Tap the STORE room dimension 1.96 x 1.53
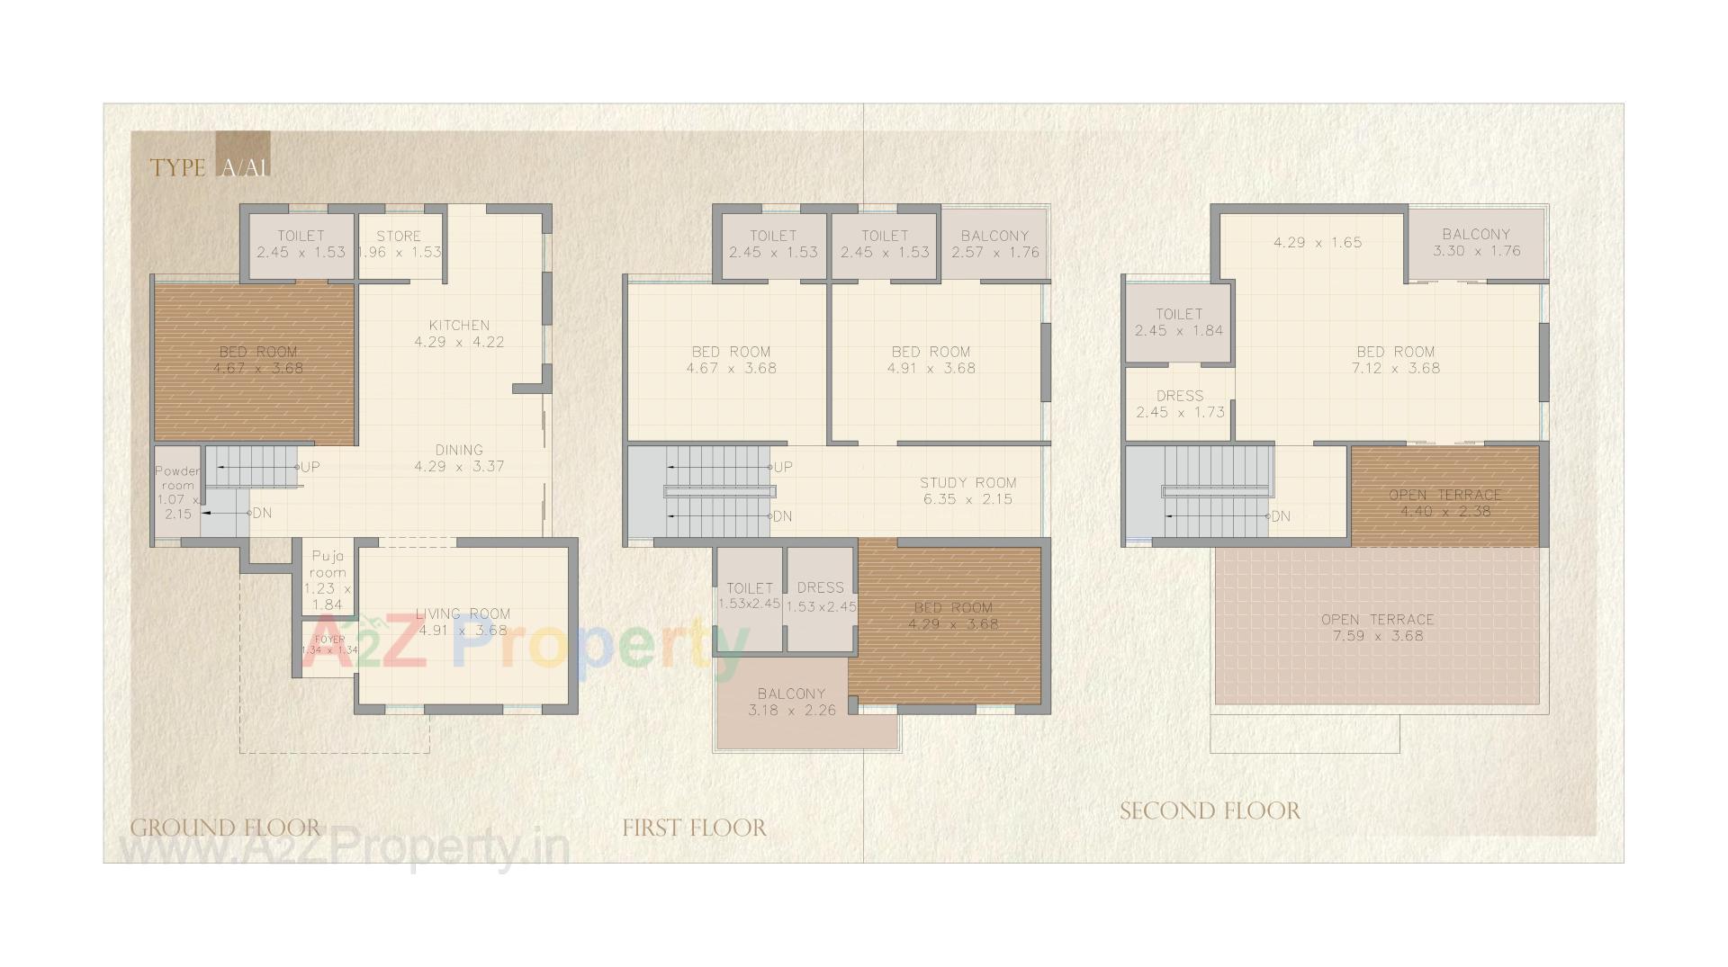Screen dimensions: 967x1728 tap(400, 252)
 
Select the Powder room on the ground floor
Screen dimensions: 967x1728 tap(177, 492)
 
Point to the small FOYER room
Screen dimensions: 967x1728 tap(329, 645)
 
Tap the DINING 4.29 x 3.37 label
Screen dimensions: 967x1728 tap(459, 458)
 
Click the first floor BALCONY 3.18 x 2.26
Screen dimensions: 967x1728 tap(791, 702)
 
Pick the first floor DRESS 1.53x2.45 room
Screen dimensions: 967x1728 tap(821, 596)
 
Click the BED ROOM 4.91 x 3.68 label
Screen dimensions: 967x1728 tap(931, 360)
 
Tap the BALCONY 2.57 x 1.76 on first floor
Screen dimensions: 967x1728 tap(994, 244)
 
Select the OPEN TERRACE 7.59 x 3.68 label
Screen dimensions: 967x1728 tap(1377, 627)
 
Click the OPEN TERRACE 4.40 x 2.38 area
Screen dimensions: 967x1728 tap(1444, 503)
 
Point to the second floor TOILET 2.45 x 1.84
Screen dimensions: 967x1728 tap(1179, 322)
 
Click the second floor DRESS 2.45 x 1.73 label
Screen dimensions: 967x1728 tap(1180, 404)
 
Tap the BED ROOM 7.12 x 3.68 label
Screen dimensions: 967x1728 tap(1395, 360)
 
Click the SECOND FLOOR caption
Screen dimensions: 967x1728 tap(1210, 811)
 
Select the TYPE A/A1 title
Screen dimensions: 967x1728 tap(210, 167)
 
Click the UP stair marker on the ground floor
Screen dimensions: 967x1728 tap(309, 467)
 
